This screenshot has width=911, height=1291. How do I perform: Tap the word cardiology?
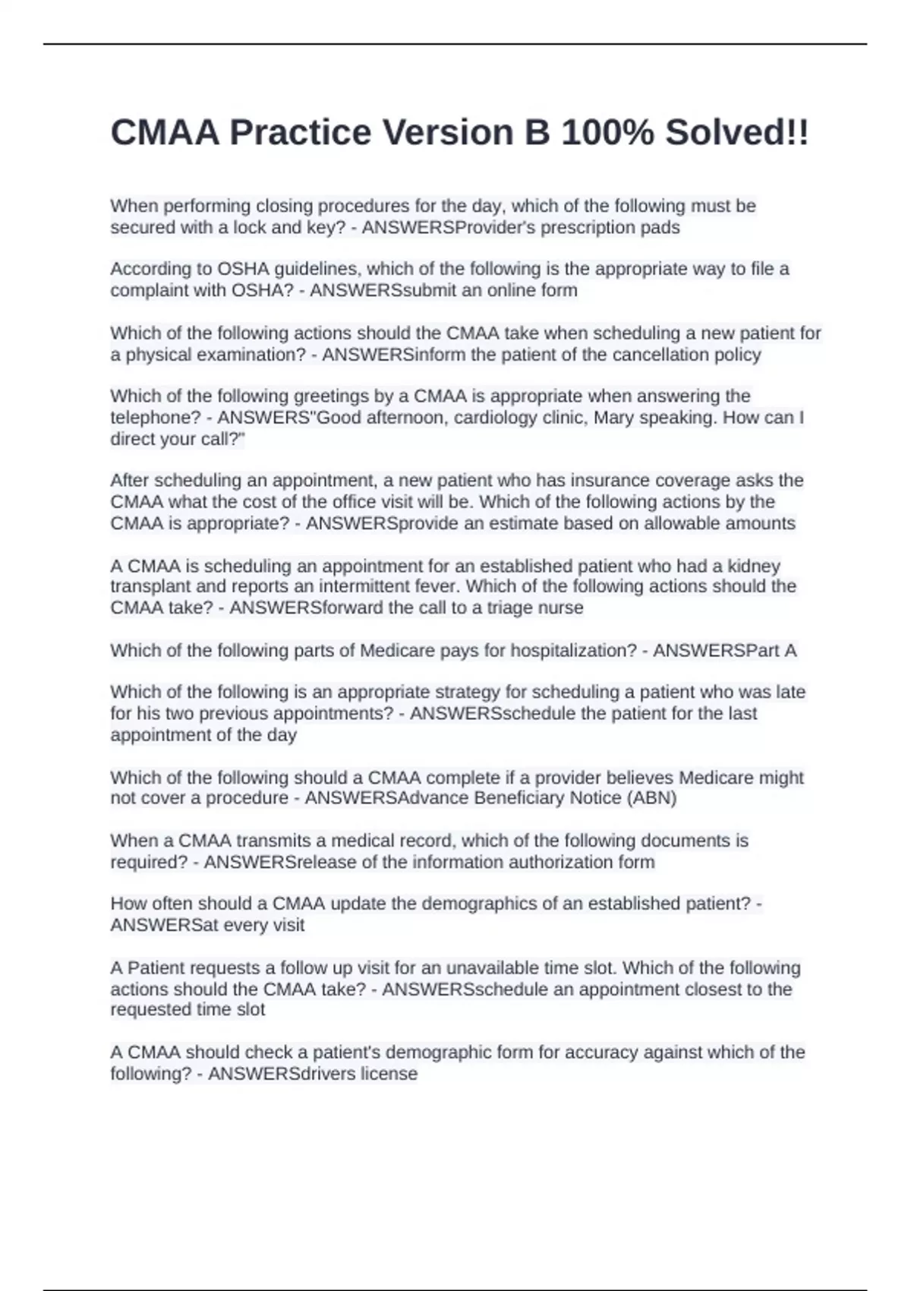tap(499, 418)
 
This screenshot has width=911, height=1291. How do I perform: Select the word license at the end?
tap(389, 1074)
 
